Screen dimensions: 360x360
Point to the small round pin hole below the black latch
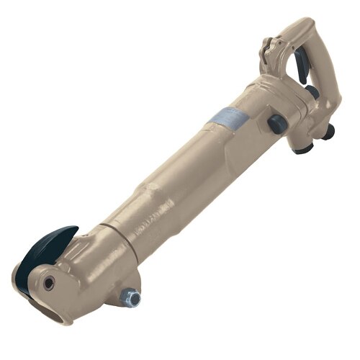[x=48, y=283]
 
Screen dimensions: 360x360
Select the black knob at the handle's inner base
[x=311, y=94]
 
